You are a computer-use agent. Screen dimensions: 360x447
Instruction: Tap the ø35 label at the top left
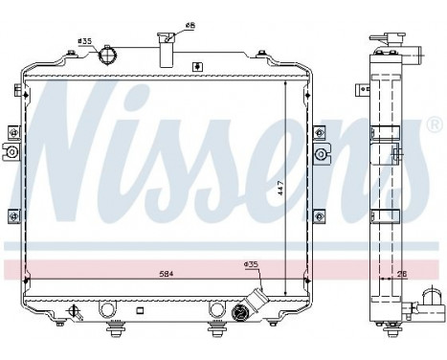[x=84, y=41]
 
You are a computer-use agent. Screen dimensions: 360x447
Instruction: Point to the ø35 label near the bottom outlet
[x=251, y=263]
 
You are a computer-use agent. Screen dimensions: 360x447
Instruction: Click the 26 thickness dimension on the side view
[x=403, y=275]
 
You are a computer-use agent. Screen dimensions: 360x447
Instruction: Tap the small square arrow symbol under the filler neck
[x=197, y=66]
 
